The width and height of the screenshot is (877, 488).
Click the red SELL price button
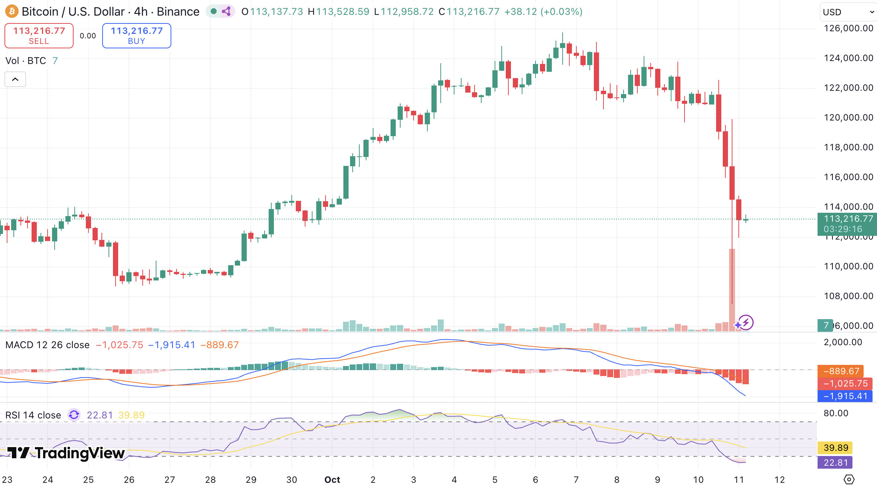pyautogui.click(x=39, y=36)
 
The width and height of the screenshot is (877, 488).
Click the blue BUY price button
pyautogui.click(x=136, y=36)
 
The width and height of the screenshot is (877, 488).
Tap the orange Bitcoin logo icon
pyautogui.click(x=12, y=12)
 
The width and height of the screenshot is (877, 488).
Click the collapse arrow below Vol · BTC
pyautogui.click(x=15, y=79)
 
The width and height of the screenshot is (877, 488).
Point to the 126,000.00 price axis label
pyautogui.click(x=848, y=28)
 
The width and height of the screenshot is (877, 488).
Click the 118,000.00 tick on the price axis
pyautogui.click(x=848, y=147)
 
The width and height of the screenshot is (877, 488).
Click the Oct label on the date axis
pyautogui.click(x=332, y=479)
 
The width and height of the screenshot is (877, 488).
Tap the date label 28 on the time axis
pyautogui.click(x=210, y=479)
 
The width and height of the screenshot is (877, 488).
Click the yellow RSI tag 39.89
pyautogui.click(x=835, y=447)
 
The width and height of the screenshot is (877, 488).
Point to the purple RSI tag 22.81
pyautogui.click(x=835, y=462)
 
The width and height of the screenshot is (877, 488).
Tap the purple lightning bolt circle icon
pyautogui.click(x=745, y=322)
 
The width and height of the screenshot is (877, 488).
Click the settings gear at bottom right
pyautogui.click(x=849, y=479)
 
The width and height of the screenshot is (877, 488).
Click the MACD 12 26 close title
pyautogui.click(x=48, y=345)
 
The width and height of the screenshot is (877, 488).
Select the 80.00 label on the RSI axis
pyautogui.click(x=836, y=413)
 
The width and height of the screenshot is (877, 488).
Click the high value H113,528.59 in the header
pyautogui.click(x=339, y=12)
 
